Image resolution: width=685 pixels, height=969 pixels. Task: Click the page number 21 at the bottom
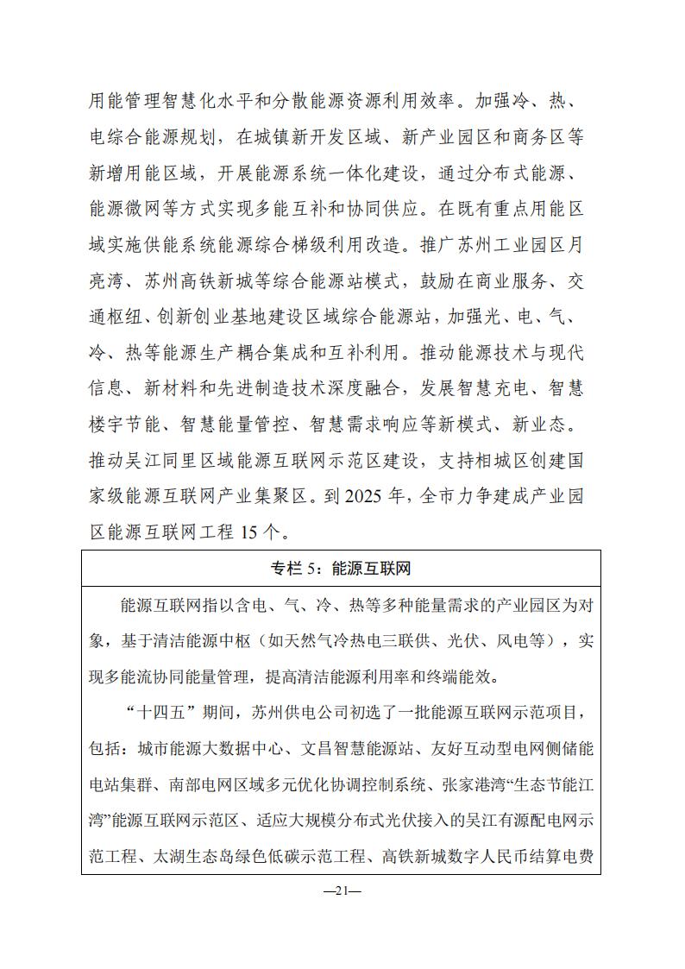pyautogui.click(x=342, y=892)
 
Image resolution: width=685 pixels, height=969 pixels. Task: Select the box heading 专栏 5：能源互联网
pyautogui.click(x=342, y=569)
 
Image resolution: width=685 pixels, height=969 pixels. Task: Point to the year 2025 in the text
pyautogui.click(x=366, y=497)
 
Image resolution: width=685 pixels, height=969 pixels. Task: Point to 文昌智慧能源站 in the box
pyautogui.click(x=357, y=741)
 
